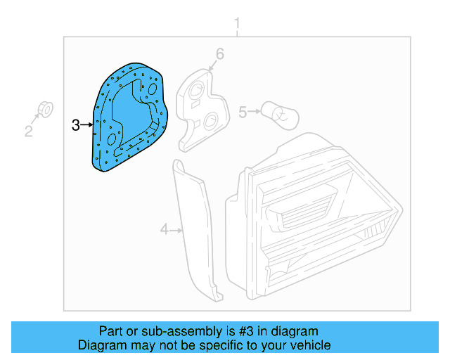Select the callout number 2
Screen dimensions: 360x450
29,131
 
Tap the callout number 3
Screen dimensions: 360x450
76,125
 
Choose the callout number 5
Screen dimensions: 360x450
243,112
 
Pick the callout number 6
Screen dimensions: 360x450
219,54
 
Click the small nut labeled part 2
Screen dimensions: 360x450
44,109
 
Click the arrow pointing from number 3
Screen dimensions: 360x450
87,125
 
